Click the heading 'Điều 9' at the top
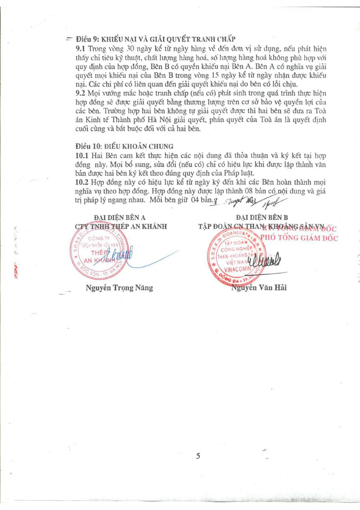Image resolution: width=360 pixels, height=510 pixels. [x=87, y=39]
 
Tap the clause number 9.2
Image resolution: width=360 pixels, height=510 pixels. [x=80, y=93]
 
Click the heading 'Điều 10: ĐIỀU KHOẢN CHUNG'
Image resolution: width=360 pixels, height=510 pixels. [x=124, y=146]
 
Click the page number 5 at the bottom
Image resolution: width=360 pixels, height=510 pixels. [x=198, y=456]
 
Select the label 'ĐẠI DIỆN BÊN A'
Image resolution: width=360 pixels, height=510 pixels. [x=120, y=218]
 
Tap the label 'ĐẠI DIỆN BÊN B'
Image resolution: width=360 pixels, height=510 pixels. [x=262, y=217]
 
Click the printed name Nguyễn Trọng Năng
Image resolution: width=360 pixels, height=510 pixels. [x=119, y=288]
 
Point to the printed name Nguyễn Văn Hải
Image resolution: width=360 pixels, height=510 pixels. [x=259, y=288]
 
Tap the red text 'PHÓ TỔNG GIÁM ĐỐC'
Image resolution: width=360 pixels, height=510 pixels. [x=299, y=238]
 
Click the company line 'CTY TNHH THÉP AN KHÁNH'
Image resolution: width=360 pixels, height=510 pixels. [x=121, y=227]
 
